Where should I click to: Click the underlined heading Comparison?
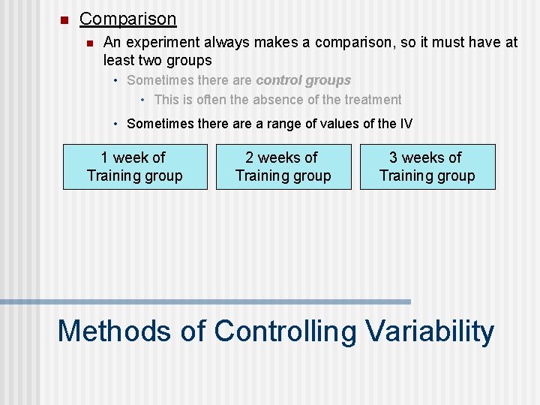[x=127, y=19]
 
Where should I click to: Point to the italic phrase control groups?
[x=303, y=80]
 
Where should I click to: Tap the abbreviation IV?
[x=406, y=124]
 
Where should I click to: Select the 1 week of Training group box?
[x=135, y=166]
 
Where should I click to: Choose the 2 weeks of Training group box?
[x=283, y=166]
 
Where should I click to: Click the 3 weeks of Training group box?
[x=427, y=166]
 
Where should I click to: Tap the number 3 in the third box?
[x=394, y=157]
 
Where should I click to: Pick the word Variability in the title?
[x=430, y=331]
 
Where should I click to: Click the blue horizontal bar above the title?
[x=205, y=301]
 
